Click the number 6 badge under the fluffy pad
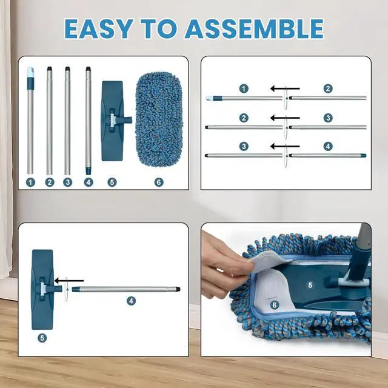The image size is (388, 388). click(159, 182)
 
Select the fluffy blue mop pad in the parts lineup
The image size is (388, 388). click(159, 120)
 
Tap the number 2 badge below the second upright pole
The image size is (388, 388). click(50, 182)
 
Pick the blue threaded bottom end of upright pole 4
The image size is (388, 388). click(89, 164)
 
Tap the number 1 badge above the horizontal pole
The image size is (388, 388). click(244, 89)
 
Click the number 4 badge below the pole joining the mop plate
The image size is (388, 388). click(130, 301)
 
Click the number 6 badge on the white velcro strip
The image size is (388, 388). click(274, 306)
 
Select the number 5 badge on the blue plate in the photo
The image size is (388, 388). click(310, 284)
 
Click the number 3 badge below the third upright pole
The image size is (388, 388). click(67, 182)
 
